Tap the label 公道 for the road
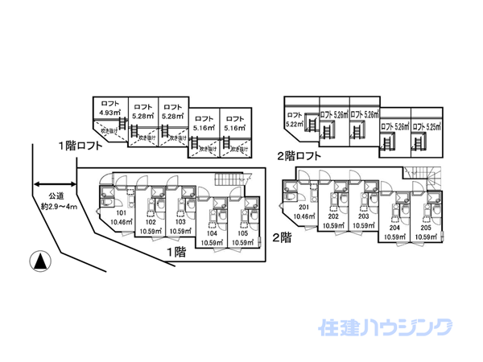click(x=56, y=195)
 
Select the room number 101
click(x=120, y=214)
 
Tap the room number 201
click(x=304, y=206)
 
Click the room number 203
click(x=364, y=216)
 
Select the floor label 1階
click(x=175, y=252)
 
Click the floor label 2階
click(x=281, y=237)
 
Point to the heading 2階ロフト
click(x=299, y=155)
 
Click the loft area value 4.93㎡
click(x=109, y=113)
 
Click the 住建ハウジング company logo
click(x=386, y=327)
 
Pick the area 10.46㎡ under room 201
click(x=304, y=216)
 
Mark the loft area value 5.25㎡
click(x=427, y=126)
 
